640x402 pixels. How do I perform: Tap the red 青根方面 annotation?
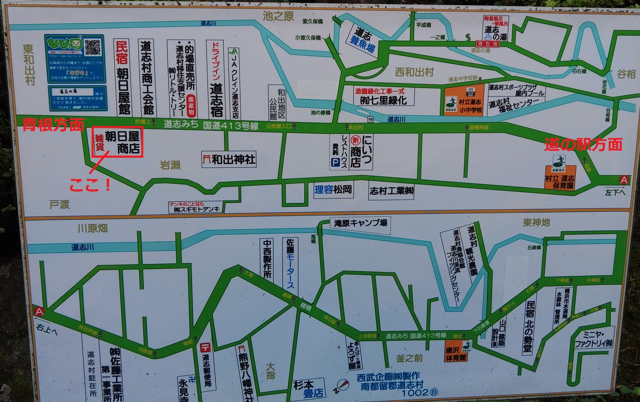(53, 125)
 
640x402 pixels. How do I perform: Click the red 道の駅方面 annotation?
(583, 145)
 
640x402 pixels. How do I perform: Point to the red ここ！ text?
(90, 185)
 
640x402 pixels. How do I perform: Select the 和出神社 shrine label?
(229, 160)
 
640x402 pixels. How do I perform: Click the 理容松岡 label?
(333, 189)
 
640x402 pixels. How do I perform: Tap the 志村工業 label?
(391, 191)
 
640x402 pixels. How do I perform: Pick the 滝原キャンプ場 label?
(361, 223)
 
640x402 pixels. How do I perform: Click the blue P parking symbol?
(335, 162)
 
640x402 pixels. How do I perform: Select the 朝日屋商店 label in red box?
(118, 142)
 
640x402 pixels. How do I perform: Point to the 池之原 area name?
(278, 16)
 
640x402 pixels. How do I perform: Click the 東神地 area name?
(536, 222)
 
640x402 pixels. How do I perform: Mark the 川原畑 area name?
(92, 228)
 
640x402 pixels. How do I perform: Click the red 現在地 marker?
(488, 44)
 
